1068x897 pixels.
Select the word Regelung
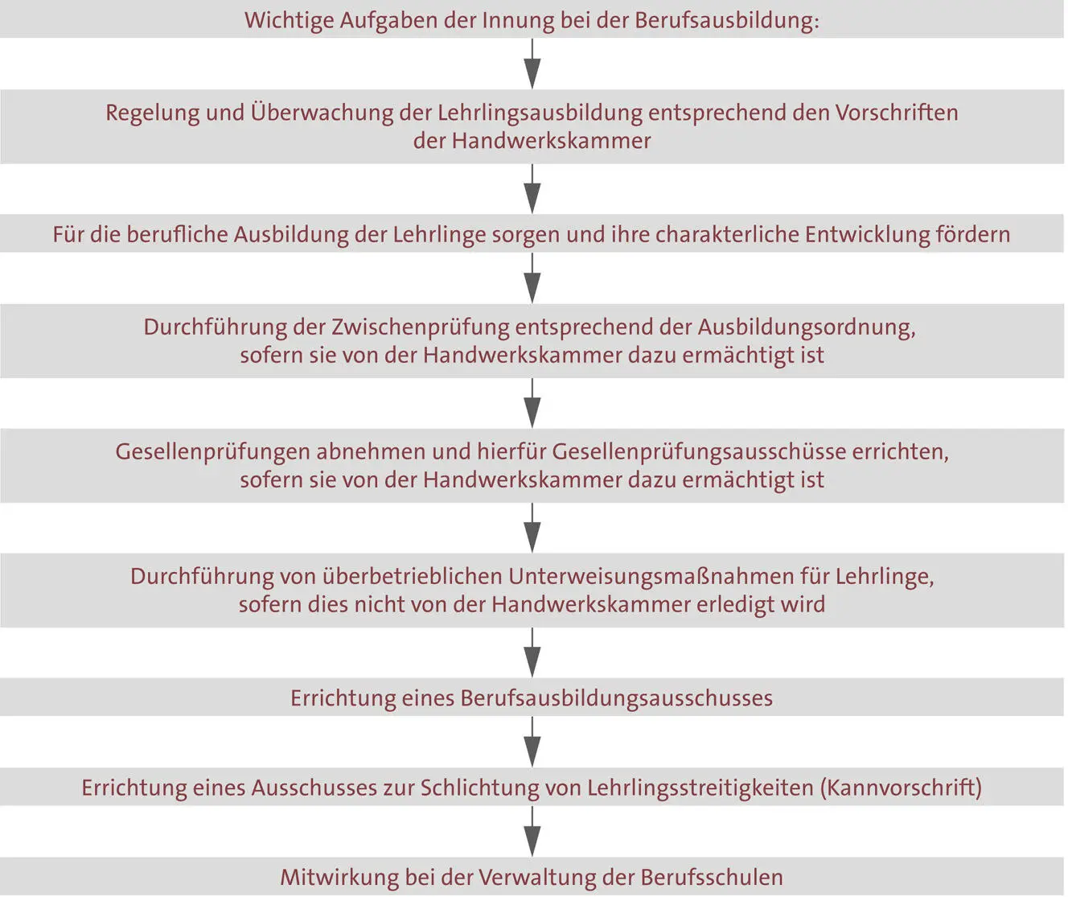(x=153, y=113)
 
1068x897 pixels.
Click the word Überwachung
(x=321, y=113)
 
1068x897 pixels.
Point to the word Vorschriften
(x=897, y=113)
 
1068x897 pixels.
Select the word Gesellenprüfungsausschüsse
(x=699, y=452)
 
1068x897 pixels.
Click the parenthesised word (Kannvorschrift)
(x=902, y=788)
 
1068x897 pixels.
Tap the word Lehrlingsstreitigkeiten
(x=700, y=788)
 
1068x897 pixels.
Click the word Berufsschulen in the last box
(x=712, y=877)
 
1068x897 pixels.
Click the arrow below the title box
(x=532, y=64)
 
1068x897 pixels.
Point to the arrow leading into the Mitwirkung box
(x=532, y=832)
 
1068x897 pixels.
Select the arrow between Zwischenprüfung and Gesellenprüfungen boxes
(x=532, y=403)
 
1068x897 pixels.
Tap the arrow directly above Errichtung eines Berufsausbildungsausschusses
(x=532, y=653)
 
